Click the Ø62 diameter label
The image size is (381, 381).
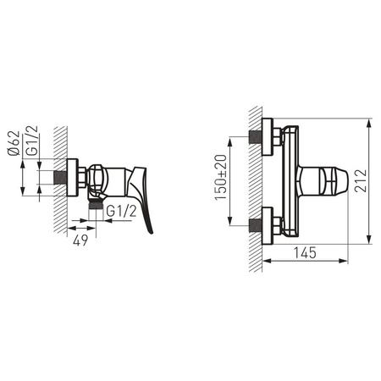14,143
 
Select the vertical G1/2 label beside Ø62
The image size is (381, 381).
31,141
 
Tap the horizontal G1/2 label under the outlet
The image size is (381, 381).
122,211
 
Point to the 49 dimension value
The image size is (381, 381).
80,240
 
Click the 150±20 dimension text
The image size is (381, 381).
221,177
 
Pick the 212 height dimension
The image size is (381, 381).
361,181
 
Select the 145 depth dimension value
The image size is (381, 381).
305,252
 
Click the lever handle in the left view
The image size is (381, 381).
141,197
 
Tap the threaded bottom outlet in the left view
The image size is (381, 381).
95,203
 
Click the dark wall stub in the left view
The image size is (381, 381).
60,178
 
